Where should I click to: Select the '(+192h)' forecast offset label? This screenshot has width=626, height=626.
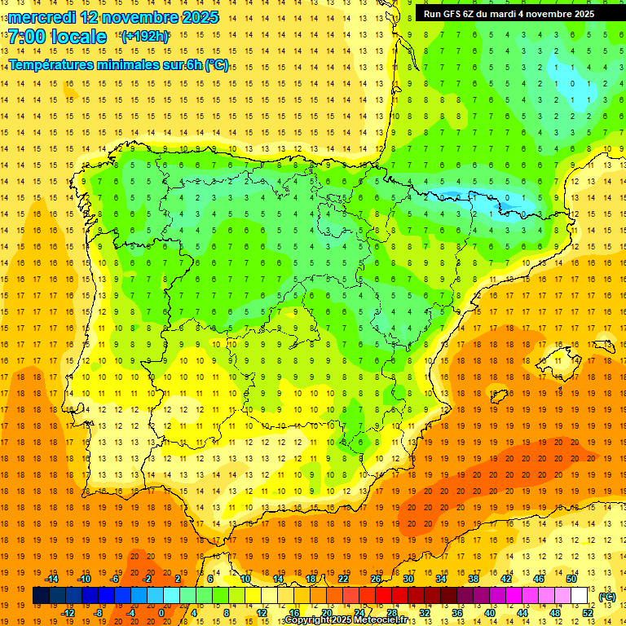(x=144, y=37)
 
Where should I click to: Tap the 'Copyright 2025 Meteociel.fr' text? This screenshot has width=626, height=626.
(x=346, y=620)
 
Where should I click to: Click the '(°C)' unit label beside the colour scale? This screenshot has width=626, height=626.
(x=606, y=597)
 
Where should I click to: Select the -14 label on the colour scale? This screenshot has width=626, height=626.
(x=52, y=579)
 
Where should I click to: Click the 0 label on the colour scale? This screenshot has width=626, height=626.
(x=161, y=613)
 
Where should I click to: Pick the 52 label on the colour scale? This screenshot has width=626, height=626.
(x=588, y=613)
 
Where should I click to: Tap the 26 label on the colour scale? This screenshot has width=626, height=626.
(x=376, y=579)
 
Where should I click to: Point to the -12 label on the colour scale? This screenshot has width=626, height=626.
(x=68, y=613)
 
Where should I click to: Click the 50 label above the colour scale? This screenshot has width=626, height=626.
(x=572, y=579)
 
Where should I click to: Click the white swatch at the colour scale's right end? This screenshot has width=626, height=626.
(x=580, y=596)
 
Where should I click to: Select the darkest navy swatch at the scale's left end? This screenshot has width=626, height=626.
(x=41, y=596)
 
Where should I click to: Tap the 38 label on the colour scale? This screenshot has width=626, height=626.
(x=474, y=579)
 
